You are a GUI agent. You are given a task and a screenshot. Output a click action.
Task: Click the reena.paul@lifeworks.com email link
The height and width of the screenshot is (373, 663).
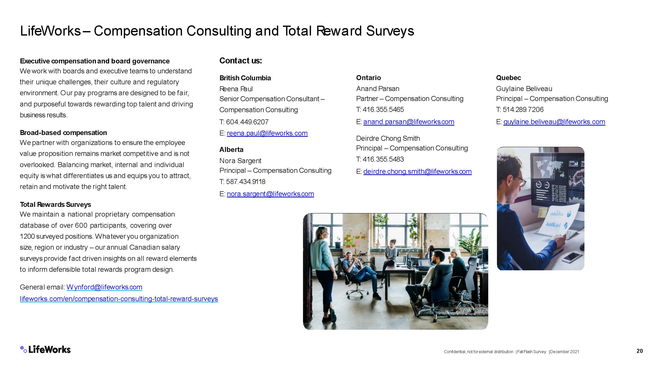267,133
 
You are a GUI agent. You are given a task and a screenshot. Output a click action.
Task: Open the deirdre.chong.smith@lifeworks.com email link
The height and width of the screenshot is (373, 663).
417,171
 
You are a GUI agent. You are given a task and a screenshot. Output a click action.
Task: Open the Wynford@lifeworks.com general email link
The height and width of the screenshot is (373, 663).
104,287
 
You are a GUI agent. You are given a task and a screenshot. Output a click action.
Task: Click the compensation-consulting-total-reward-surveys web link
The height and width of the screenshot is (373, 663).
119,299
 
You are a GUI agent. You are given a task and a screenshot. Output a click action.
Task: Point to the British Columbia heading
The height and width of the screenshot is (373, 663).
245,78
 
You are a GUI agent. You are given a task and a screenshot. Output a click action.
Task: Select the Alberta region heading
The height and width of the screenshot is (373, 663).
231,149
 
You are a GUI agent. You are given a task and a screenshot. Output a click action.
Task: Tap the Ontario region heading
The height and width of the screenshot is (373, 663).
368,78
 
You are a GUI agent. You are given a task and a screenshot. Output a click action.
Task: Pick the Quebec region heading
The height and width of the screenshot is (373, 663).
508,78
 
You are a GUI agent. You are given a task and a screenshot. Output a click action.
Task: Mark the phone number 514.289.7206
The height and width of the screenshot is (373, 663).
523,109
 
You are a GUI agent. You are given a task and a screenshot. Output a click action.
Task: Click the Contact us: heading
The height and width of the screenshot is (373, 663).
241,60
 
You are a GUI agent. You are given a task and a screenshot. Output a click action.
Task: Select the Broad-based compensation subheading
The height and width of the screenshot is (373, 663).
63,133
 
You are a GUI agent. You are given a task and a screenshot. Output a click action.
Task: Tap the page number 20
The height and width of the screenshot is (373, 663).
640,351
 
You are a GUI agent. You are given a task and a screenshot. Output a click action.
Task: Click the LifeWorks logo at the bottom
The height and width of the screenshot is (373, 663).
45,349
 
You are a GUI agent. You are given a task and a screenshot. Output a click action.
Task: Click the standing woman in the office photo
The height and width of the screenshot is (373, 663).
323,274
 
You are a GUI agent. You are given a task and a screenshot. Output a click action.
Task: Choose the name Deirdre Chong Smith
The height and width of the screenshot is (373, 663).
388,138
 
